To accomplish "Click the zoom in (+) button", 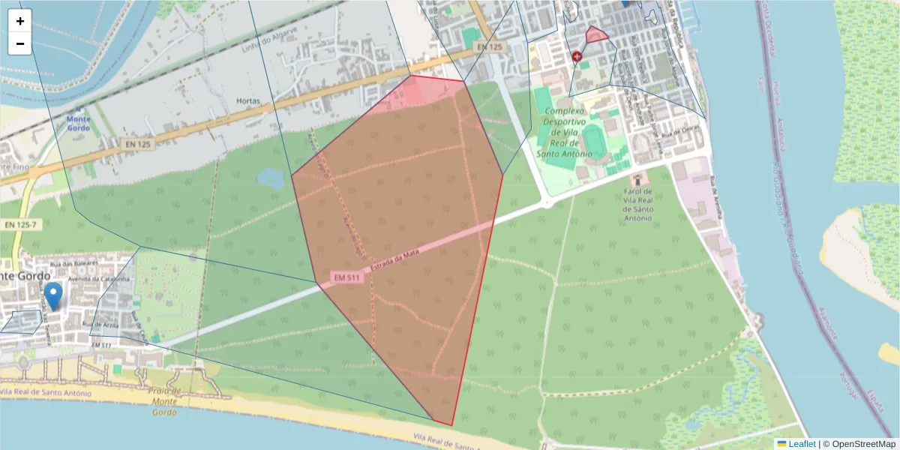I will (x=20, y=21).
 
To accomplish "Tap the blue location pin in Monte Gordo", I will (x=53, y=295).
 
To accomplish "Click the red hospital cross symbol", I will (x=577, y=56).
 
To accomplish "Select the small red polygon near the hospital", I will (x=596, y=34).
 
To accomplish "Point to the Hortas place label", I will (x=248, y=100).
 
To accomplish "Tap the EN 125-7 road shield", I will (x=20, y=225).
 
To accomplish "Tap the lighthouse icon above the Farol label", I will (x=639, y=179).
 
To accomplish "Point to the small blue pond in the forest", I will (x=269, y=178).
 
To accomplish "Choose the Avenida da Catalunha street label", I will (x=100, y=279).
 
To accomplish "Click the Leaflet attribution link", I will (x=801, y=444).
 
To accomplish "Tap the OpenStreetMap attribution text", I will (x=859, y=444).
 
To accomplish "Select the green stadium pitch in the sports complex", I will (x=592, y=139).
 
